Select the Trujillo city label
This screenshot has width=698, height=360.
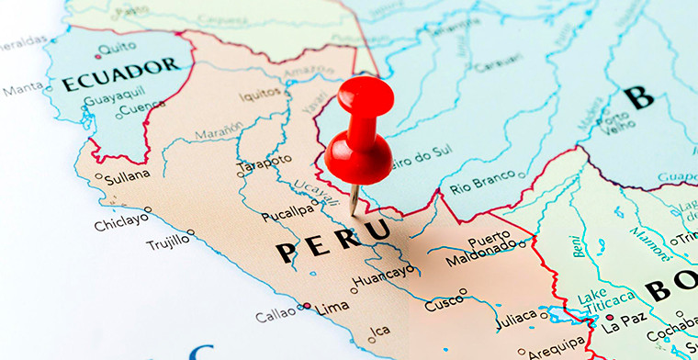pos(167,242)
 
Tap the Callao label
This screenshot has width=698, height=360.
pos(276,315)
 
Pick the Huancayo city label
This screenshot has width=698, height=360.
pos(383,274)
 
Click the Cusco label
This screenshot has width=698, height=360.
pos(444,302)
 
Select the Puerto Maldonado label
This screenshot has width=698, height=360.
pos(481,249)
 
